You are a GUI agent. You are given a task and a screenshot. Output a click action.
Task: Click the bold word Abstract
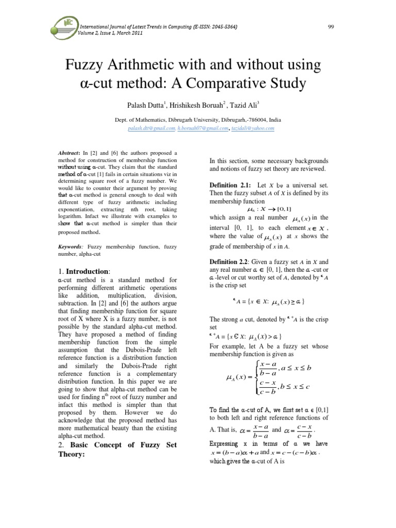(68, 153)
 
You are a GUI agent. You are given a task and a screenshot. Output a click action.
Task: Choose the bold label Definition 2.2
(230, 262)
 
